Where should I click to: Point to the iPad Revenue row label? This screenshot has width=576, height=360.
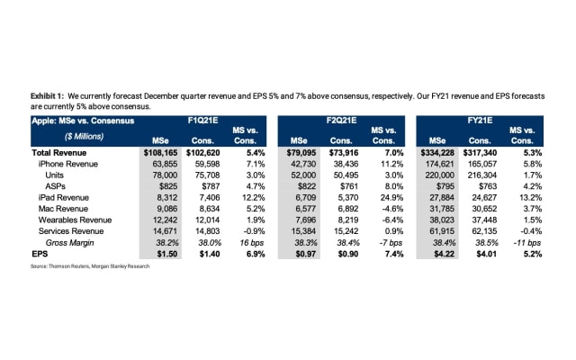point(63,196)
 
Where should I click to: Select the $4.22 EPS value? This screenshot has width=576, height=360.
point(438,255)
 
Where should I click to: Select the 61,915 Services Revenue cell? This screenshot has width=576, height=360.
point(438,231)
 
